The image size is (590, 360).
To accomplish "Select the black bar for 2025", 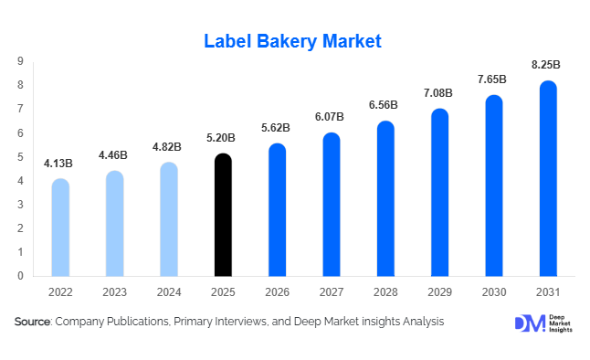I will (x=223, y=216).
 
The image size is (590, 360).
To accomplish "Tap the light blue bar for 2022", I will (x=60, y=228).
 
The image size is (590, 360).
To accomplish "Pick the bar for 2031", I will (x=548, y=179).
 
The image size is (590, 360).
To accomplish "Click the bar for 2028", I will (x=385, y=199).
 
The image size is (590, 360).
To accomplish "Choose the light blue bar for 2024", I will (x=169, y=219).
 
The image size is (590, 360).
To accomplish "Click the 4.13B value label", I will (x=58, y=164).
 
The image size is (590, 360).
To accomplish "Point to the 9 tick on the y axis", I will (x=20, y=61).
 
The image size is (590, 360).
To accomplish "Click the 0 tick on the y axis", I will (x=20, y=275).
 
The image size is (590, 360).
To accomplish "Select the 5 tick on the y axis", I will (x=20, y=156).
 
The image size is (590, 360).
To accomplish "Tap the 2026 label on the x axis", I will (x=277, y=291).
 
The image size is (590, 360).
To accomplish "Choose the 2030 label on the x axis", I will (x=494, y=291).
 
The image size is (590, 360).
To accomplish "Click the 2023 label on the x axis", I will (x=114, y=291).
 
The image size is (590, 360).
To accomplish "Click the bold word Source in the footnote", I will (x=32, y=322).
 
